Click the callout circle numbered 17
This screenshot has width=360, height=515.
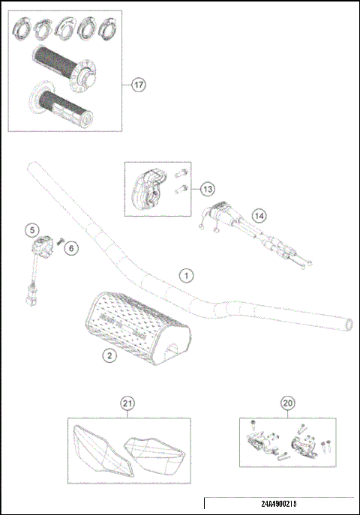[x=139, y=84]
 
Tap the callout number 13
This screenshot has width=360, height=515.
[x=207, y=188]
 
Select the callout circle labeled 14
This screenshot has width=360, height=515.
[x=258, y=215]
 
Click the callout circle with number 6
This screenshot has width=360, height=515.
[x=69, y=248]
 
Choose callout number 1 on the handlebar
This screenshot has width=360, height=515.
[x=184, y=275]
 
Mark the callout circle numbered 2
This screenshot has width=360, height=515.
[x=109, y=357]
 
